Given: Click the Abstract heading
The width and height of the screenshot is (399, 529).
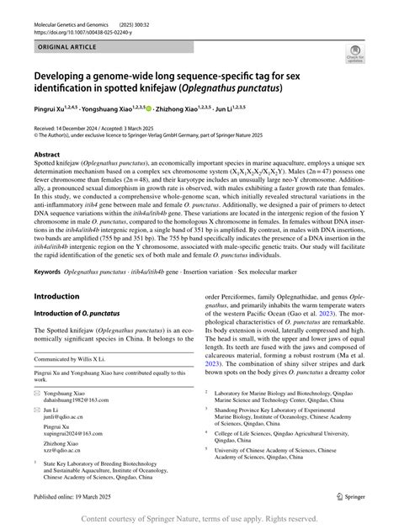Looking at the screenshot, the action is pos(47,154).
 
